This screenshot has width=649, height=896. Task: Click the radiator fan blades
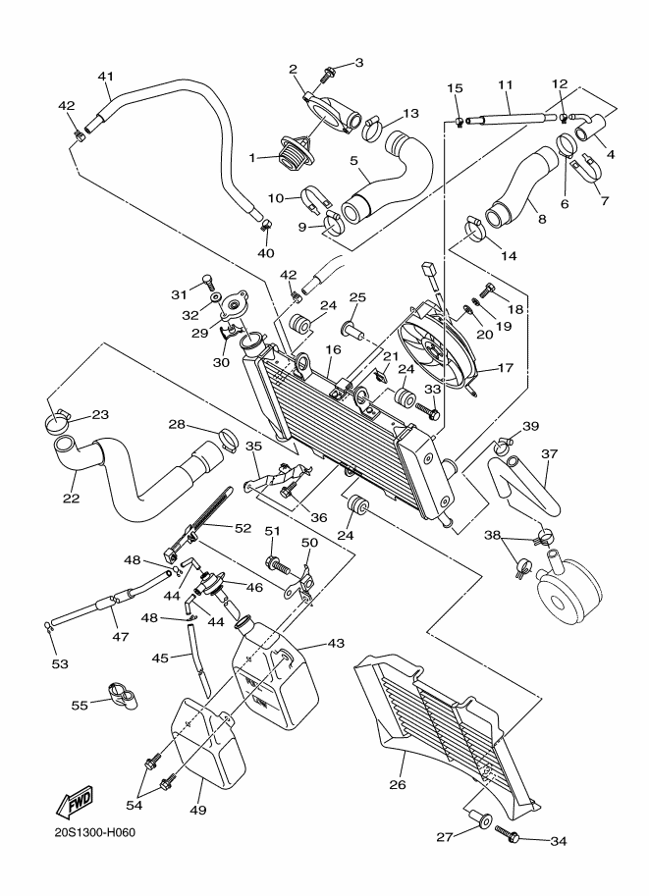coord(438,348)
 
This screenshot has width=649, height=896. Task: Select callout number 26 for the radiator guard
coord(397,784)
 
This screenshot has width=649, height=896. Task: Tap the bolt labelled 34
coord(507,834)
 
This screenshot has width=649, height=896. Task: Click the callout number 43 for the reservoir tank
coord(336,643)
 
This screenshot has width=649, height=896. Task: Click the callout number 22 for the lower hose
coord(71,471)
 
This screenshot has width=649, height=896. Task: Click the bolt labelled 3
coord(328,72)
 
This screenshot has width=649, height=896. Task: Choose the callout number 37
coord(549,454)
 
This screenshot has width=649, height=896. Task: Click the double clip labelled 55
coord(121,699)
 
